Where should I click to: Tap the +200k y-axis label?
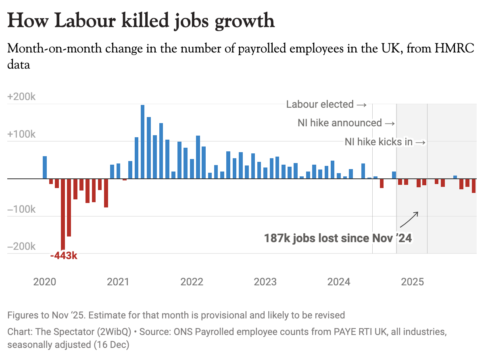22,97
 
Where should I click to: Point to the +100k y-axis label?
22,134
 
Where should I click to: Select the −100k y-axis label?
22,209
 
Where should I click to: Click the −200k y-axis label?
22,247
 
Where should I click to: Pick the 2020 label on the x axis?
45,281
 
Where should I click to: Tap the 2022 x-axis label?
192,281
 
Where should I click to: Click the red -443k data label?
64,256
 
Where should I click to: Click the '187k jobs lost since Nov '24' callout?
338,238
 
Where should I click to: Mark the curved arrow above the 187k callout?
409,220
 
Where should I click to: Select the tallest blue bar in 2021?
143,141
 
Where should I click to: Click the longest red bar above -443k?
63,214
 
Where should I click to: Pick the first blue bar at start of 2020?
45,167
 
